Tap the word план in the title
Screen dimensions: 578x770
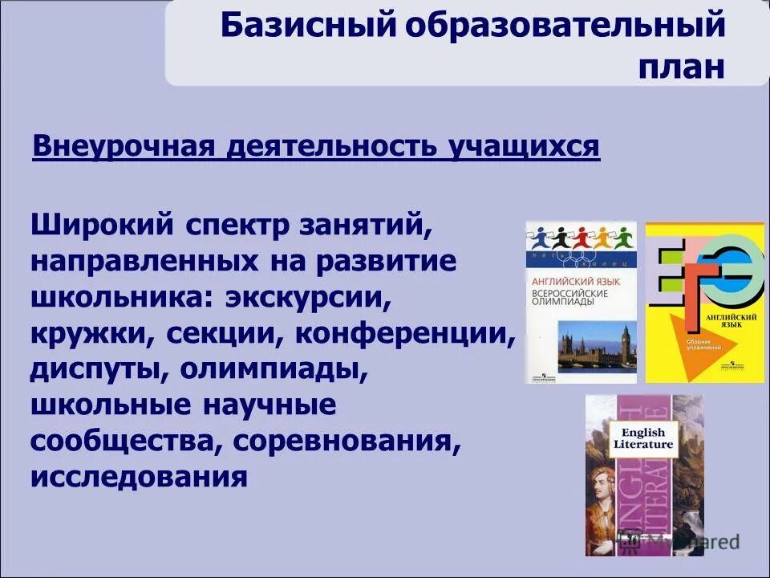point(683,66)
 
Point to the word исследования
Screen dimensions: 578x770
point(138,478)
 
